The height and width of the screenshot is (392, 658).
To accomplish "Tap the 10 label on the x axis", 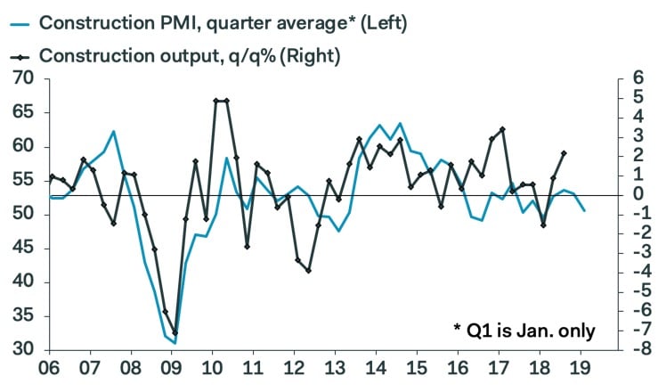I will tap(212, 369).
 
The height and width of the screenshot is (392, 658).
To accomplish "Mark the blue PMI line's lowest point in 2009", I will tap(175, 342).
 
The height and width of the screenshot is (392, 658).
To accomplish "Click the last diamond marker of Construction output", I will tap(564, 153).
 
